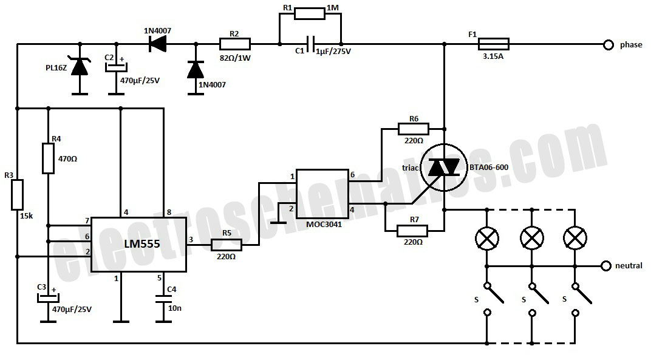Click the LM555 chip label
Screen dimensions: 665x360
[142, 244]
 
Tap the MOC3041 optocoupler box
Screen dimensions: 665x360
[322, 194]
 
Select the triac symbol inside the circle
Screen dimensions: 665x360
[443, 167]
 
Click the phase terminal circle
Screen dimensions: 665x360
[609, 44]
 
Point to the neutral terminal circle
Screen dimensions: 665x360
[606, 266]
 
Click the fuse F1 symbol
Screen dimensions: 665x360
[494, 44]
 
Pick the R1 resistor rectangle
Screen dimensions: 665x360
[310, 13]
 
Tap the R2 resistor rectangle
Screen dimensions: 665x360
[235, 44]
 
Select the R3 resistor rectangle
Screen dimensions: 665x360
[17, 195]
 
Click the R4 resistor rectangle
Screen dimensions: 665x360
[48, 158]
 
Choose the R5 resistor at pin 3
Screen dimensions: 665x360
[227, 245]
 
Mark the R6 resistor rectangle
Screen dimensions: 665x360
[414, 129]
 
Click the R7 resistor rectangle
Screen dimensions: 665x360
[412, 231]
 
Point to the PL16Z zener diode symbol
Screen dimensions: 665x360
[80, 66]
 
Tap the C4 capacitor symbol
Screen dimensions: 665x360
[164, 299]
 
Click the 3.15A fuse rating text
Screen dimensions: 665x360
[493, 56]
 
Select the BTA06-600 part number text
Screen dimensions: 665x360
[488, 167]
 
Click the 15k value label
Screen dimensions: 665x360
[26, 216]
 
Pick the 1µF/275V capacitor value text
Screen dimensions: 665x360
[333, 52]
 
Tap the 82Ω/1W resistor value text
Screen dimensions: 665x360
[235, 58]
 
